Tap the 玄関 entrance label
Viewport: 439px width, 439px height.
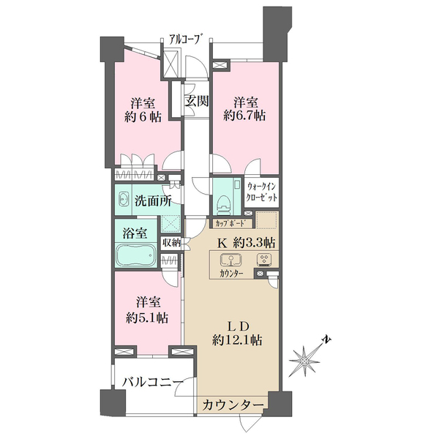(194, 101)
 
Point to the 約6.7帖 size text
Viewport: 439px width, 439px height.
(244, 116)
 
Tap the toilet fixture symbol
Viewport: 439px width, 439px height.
(225, 198)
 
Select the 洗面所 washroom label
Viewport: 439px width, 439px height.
(150, 199)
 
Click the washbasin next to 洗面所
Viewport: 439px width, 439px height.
(122, 198)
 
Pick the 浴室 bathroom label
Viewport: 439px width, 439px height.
(135, 234)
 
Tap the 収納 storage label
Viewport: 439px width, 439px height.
(170, 241)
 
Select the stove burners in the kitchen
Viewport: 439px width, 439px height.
(264, 259)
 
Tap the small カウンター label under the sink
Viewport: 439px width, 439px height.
(233, 274)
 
